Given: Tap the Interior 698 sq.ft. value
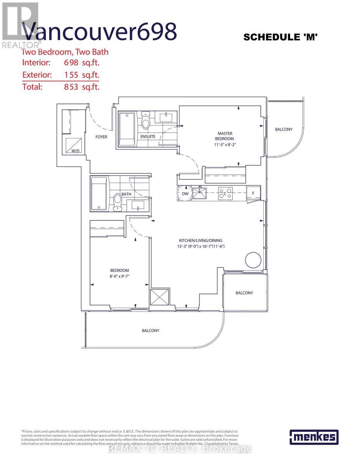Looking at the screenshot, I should pyautogui.click(x=82, y=63).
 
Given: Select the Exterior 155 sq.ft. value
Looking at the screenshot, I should pyautogui.click(x=82, y=75).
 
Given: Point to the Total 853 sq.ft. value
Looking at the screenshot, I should pyautogui.click(x=82, y=87).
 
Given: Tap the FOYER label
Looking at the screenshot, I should pyautogui.click(x=101, y=137).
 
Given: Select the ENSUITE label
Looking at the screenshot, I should pyautogui.click(x=148, y=136).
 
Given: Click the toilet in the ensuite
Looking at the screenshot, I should pyautogui.click(x=146, y=121).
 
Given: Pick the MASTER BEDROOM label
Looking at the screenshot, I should pyautogui.click(x=225, y=136).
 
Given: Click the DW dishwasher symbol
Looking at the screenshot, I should pyautogui.click(x=185, y=193).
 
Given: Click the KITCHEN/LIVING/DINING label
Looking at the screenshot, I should pyautogui.click(x=201, y=240).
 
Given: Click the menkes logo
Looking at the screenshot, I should pyautogui.click(x=314, y=437).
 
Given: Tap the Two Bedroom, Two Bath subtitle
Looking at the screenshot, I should pyautogui.click(x=65, y=52).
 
